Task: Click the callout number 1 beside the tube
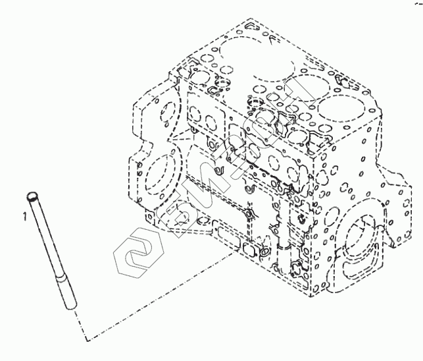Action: click(24, 215)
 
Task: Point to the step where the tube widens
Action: click(61, 279)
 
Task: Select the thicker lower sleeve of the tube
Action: click(66, 294)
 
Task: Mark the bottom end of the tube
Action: click(72, 308)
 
